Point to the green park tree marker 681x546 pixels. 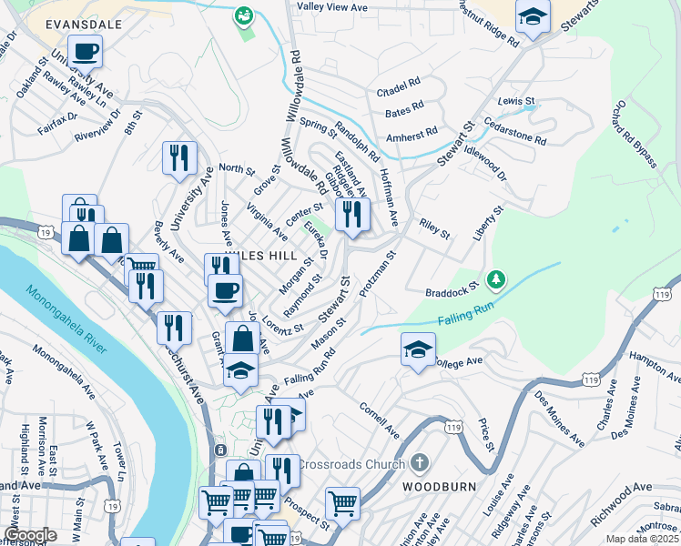(x=496, y=278)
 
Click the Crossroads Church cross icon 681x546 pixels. (x=419, y=463)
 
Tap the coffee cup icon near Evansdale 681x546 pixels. (x=85, y=50)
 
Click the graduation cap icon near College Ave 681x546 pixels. (x=418, y=349)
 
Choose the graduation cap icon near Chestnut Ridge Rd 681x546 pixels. (x=533, y=16)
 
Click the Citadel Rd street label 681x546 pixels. (x=398, y=87)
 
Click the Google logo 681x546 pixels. (x=30, y=534)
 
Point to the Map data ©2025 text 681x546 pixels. (x=642, y=539)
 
